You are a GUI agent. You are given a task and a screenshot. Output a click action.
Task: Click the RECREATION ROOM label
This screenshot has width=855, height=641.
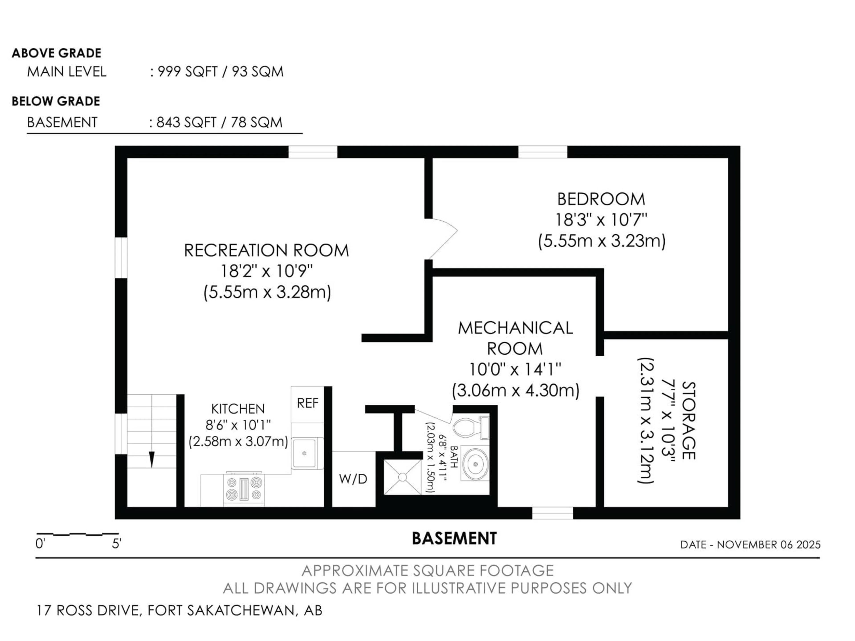266,250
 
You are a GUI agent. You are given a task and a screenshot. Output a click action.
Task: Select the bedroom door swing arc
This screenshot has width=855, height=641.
444,236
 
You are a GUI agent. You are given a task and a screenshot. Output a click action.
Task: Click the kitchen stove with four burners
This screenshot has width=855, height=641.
244,488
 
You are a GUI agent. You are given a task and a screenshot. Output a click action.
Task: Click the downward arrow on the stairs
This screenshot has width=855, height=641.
152,459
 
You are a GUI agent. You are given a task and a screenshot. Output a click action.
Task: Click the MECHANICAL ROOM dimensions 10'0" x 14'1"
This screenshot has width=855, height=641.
515,370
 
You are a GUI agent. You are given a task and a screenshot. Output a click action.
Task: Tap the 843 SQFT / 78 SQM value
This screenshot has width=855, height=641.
219,122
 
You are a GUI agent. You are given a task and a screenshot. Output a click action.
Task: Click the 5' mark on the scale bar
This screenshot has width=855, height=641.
116,544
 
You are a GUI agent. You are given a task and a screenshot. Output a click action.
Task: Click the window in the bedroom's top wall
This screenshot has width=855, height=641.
543,152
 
